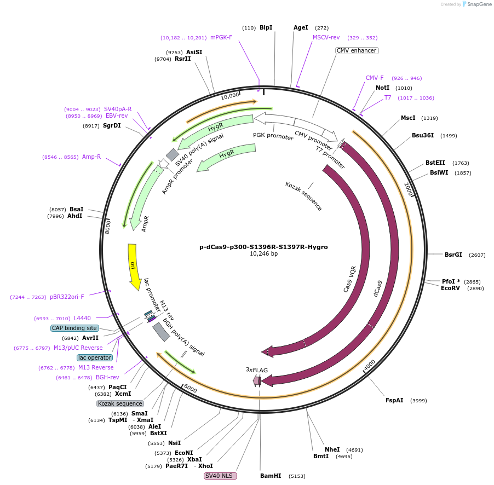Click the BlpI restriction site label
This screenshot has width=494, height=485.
pyautogui.click(x=266, y=27)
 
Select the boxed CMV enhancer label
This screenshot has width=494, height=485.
pyautogui.click(x=357, y=50)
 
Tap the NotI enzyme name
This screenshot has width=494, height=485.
pyautogui.click(x=382, y=88)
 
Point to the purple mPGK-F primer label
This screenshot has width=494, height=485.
pyautogui.click(x=221, y=38)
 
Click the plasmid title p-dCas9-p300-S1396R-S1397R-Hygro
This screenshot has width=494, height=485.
pyautogui.click(x=263, y=247)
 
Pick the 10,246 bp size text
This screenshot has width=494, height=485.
pyautogui.click(x=263, y=254)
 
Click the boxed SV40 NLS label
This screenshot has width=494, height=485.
pyautogui.click(x=220, y=476)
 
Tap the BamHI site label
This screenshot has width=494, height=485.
pyautogui.click(x=271, y=476)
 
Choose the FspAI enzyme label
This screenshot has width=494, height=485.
pyautogui.click(x=394, y=400)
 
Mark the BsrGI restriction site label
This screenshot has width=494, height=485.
pyautogui.click(x=453, y=255)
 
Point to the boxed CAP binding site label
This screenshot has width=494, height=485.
pyautogui.click(x=74, y=328)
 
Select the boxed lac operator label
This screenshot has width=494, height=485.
pyautogui.click(x=95, y=357)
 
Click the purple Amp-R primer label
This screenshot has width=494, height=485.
pyautogui.click(x=91, y=157)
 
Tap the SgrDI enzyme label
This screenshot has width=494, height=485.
pyautogui.click(x=112, y=125)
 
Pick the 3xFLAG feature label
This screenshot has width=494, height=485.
pyautogui.click(x=257, y=370)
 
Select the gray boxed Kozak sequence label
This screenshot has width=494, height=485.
pyautogui.click(x=120, y=403)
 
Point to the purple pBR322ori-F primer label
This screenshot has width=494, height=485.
pyautogui.click(x=67, y=297)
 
